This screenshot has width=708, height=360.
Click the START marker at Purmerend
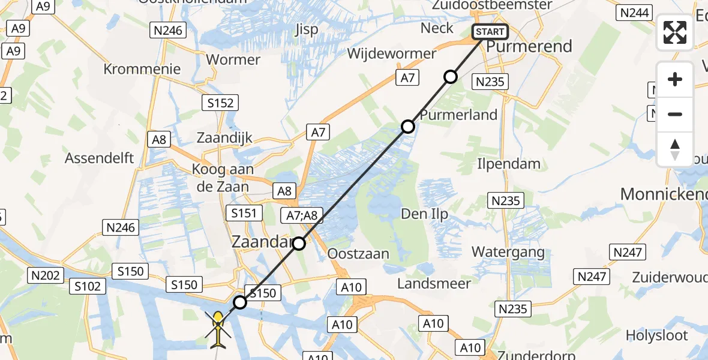coord(491,32)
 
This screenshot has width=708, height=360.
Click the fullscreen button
coord(675,32)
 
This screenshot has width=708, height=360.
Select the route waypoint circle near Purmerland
coord(408,127)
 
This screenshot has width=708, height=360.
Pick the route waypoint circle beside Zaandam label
coord(299,244)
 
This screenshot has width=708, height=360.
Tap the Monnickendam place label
coord(664,194)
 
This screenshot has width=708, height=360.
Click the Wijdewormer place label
coord(392,53)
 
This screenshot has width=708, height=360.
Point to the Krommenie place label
coord(142,68)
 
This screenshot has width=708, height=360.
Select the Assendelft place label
coord(100,158)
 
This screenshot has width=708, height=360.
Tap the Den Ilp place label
coord(425,214)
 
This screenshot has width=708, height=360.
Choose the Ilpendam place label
coord(509,163)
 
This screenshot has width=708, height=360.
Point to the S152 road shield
coord(220,103)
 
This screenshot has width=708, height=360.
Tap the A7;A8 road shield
coord(303,215)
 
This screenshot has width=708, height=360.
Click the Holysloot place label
coord(664,335)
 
